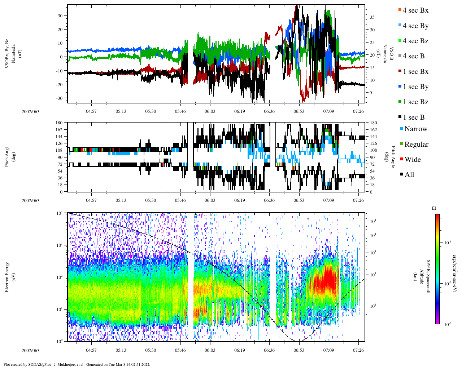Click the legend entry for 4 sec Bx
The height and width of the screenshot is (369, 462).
coord(415,10)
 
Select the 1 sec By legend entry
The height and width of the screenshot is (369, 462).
coord(415,87)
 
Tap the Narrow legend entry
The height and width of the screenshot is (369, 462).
coord(415,129)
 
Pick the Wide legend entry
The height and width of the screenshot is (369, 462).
coord(412,160)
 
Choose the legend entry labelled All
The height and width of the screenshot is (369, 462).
coord(409,175)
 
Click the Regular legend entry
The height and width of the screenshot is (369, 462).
coord(416,145)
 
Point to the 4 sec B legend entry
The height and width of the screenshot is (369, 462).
coord(413,56)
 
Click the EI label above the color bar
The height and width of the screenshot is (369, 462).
coord(434,208)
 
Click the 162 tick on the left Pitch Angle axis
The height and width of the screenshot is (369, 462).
coord(59,130)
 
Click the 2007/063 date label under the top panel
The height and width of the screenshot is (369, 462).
coord(30,112)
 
